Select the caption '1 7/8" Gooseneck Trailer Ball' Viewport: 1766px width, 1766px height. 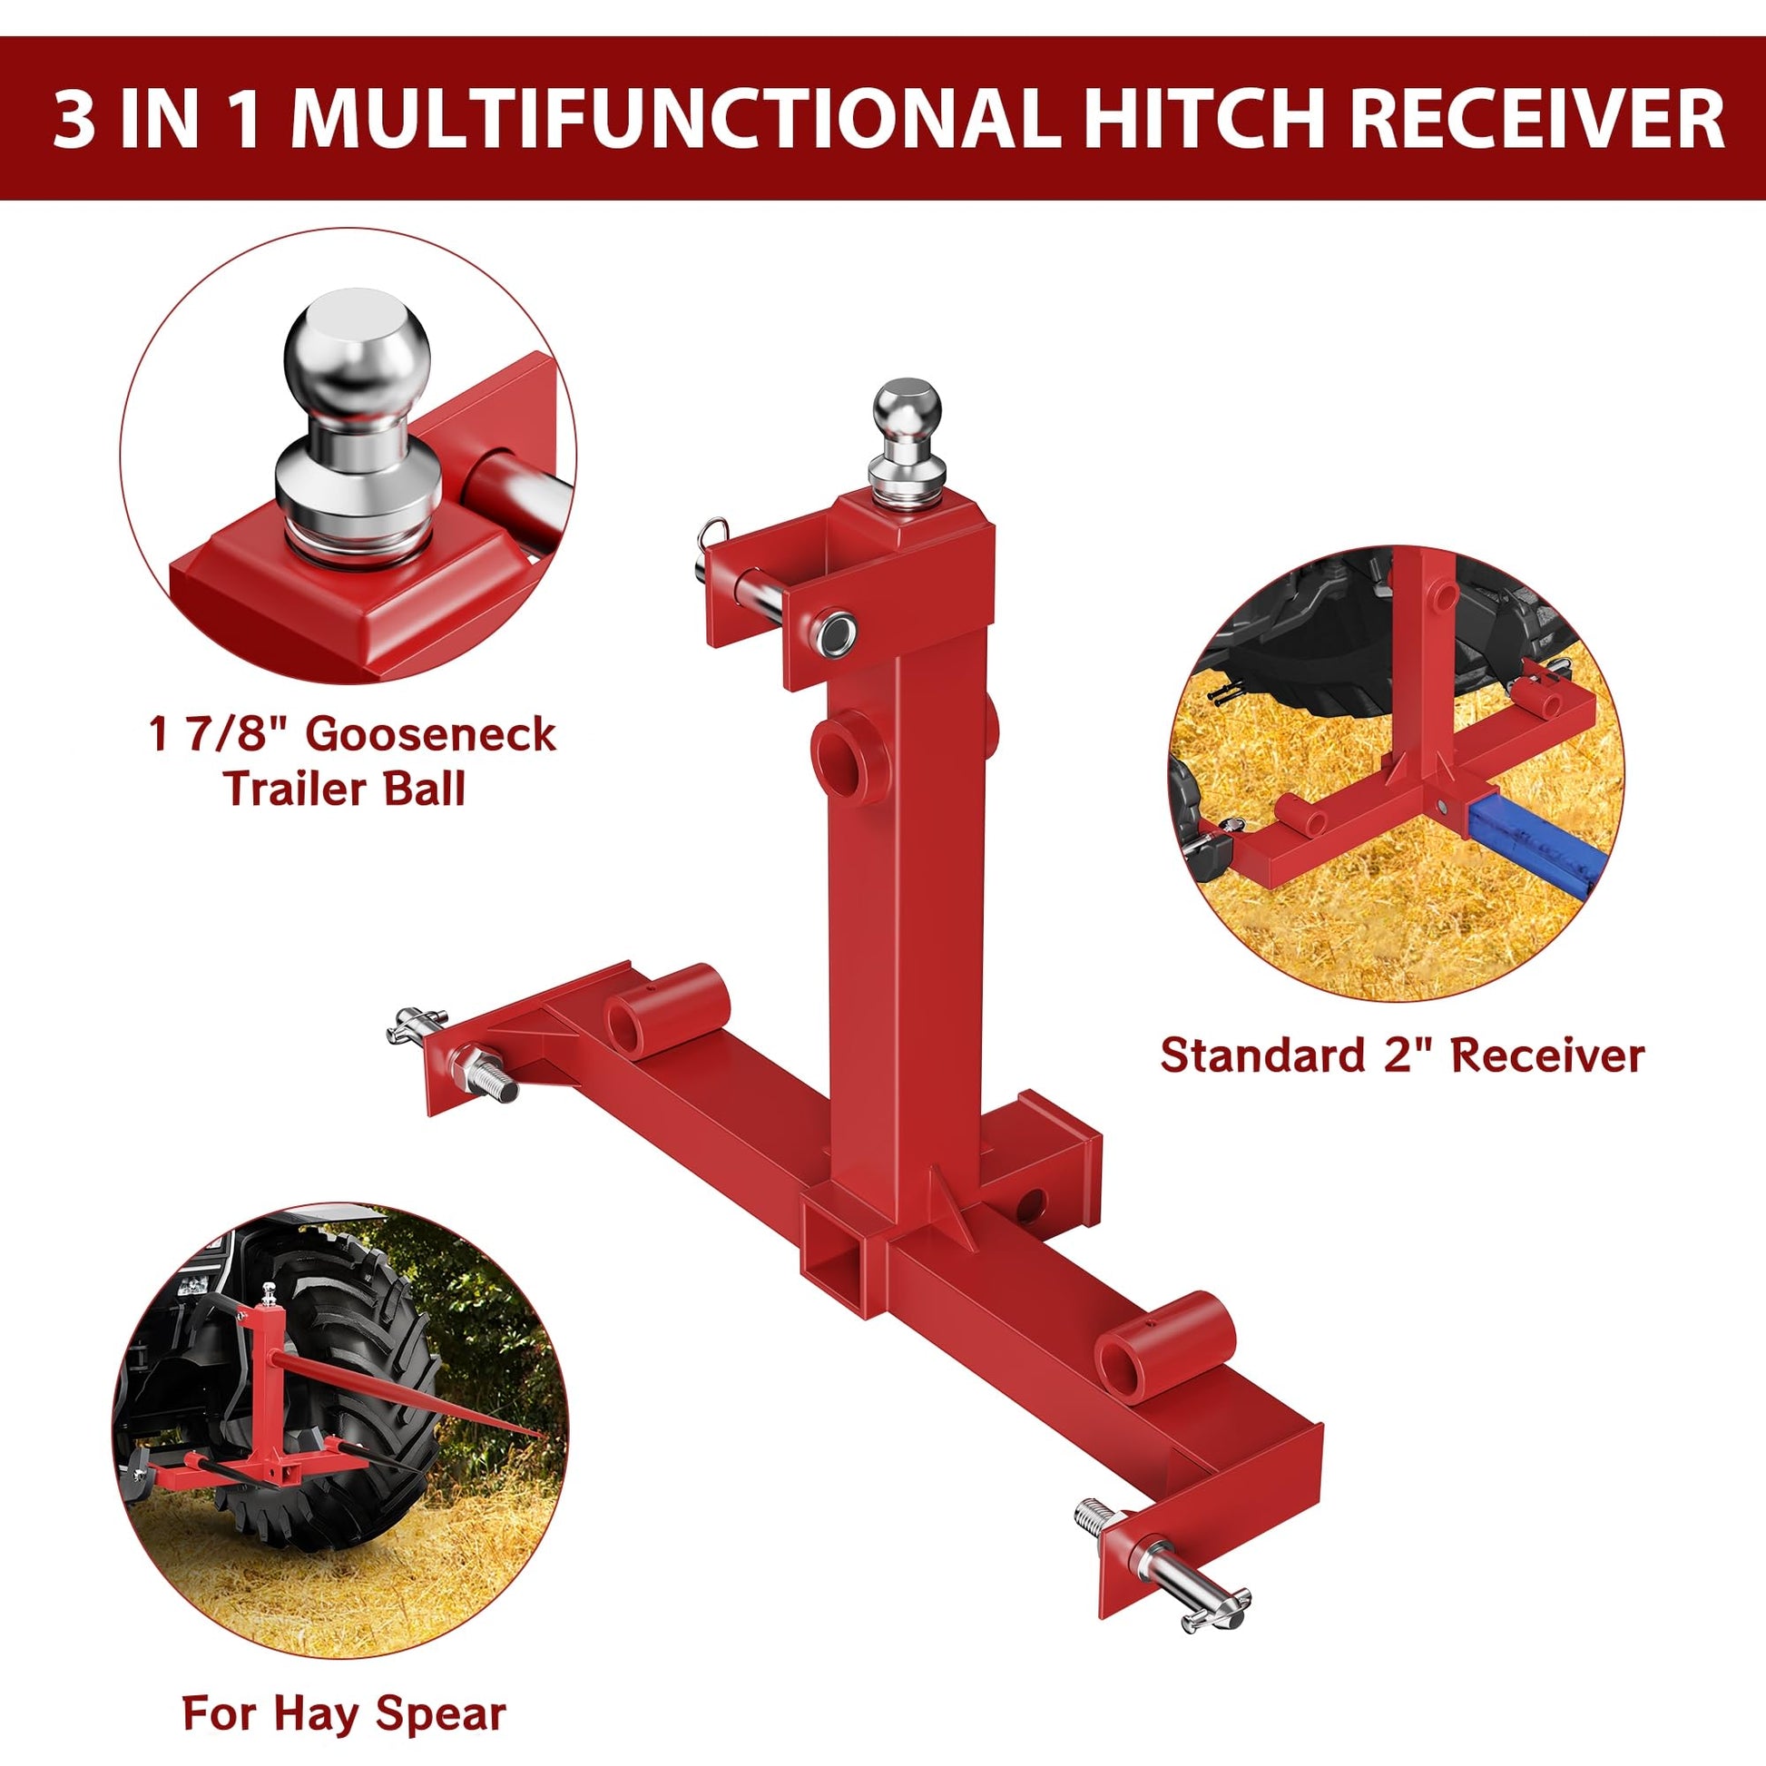coord(353,761)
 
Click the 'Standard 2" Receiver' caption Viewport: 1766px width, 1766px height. coord(1402,1055)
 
